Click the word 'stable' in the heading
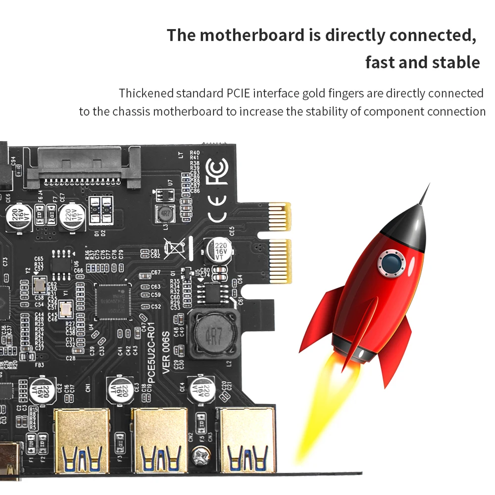[x=455, y=63]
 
